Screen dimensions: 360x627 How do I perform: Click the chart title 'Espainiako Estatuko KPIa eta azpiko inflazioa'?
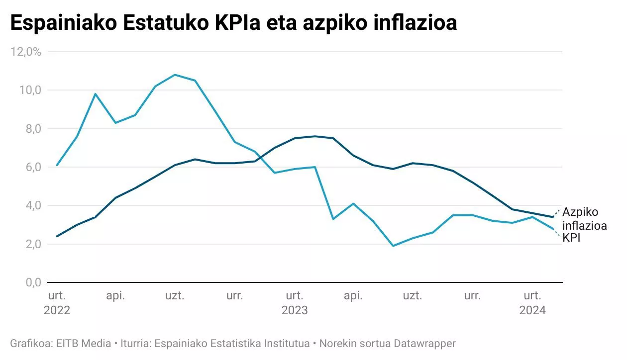point(233,23)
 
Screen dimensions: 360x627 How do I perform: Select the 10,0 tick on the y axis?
point(30,90)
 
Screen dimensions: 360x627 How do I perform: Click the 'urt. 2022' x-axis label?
point(57,303)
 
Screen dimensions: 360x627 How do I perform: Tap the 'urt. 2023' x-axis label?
point(295,303)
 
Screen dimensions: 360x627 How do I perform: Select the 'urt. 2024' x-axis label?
point(532,303)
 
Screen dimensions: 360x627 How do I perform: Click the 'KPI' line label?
point(572,238)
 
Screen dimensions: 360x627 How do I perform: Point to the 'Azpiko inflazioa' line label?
point(584,219)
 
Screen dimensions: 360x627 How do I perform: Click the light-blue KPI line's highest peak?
point(175,75)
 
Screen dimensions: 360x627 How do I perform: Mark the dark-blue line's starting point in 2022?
point(57,236)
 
